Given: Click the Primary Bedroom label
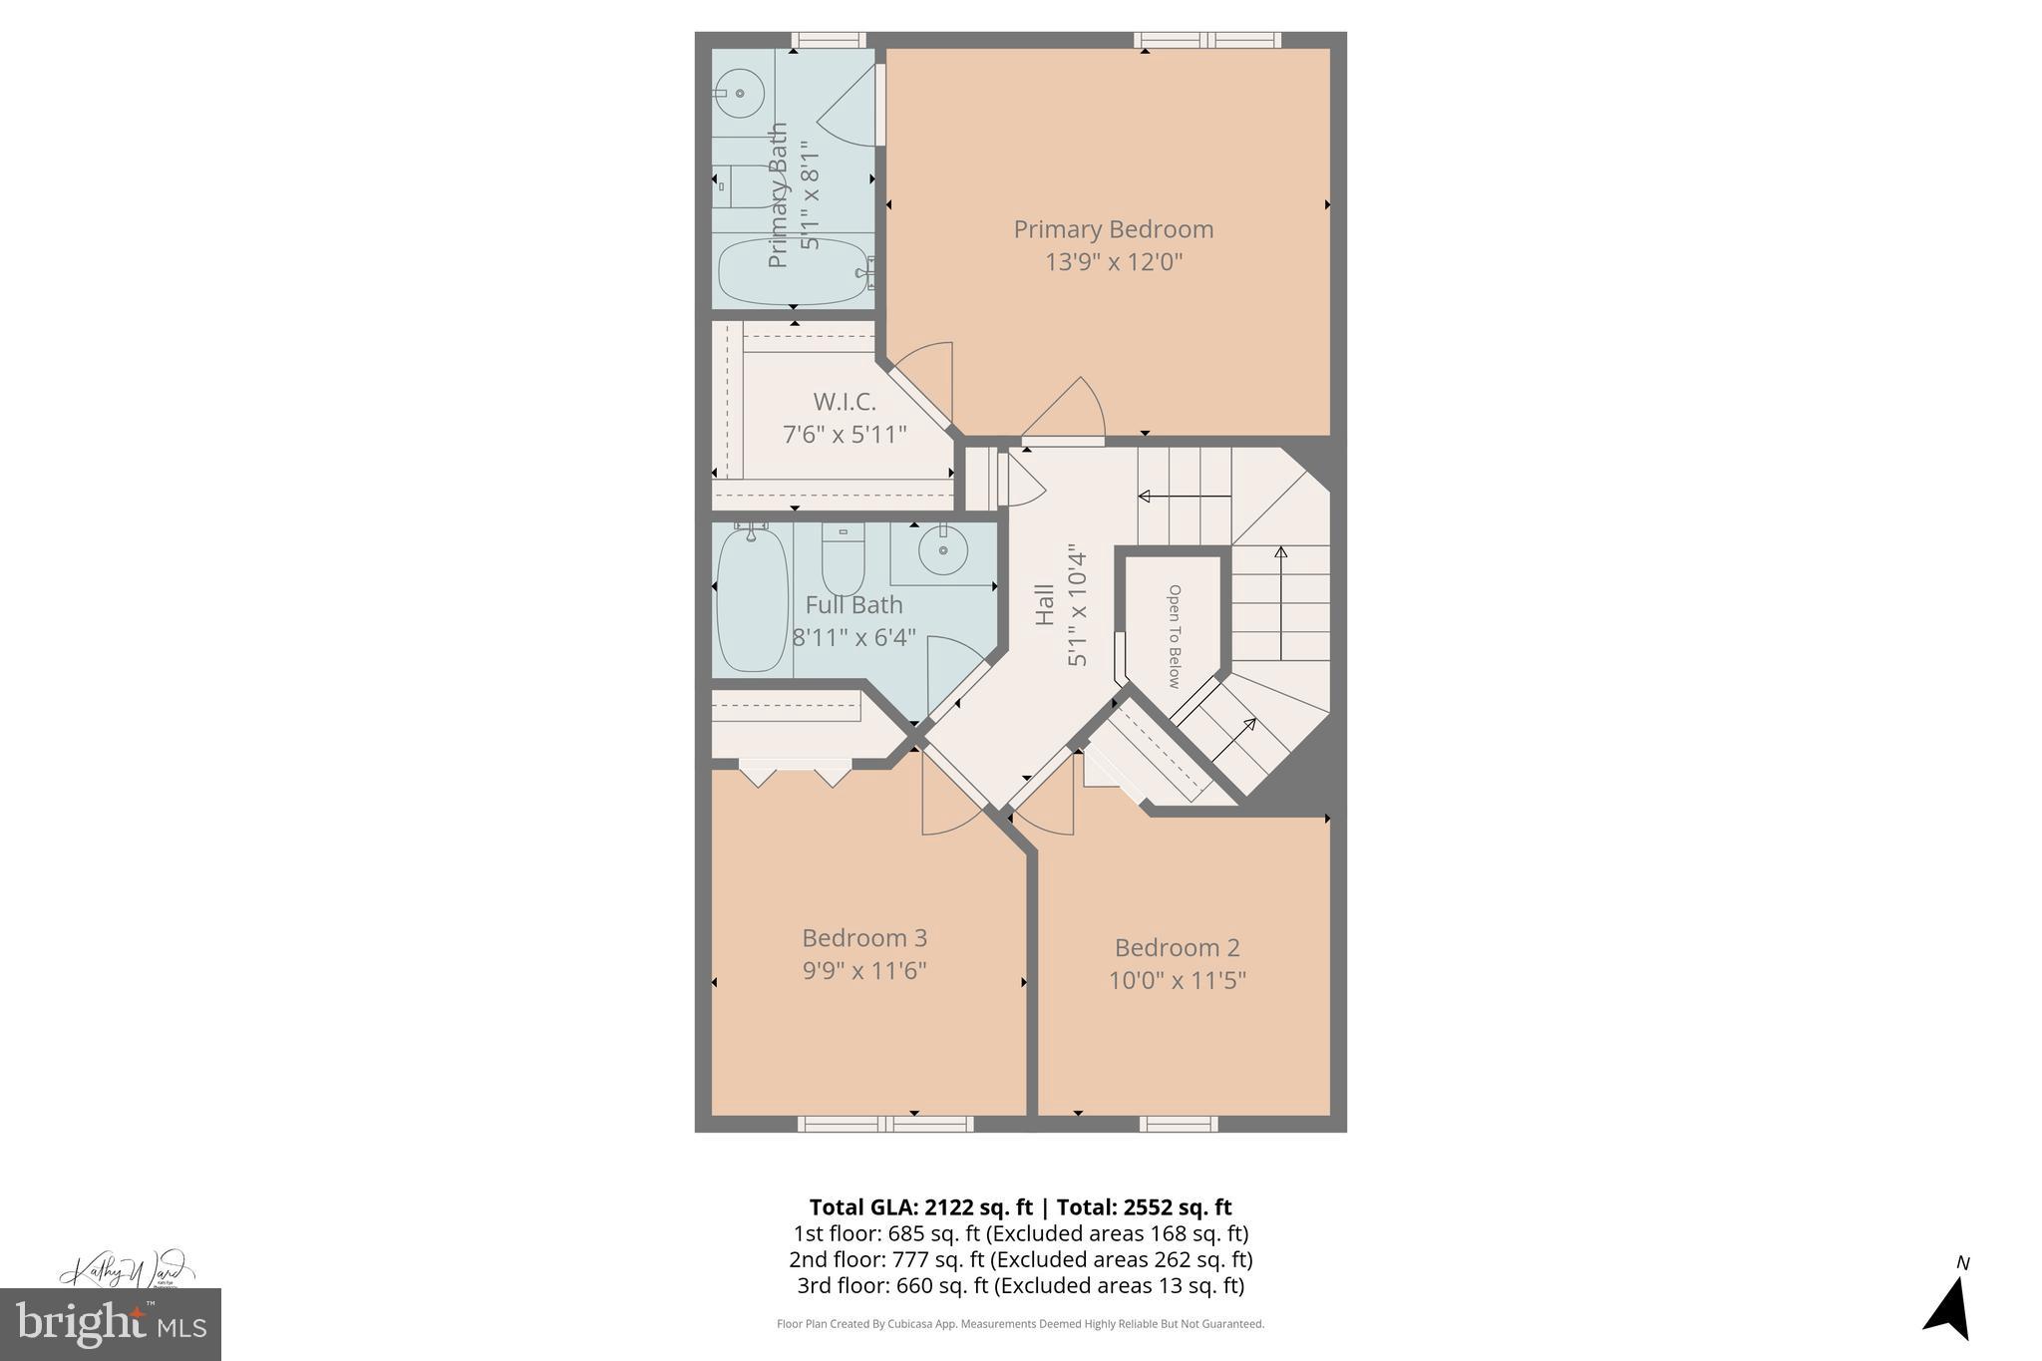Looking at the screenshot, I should pos(1113,229).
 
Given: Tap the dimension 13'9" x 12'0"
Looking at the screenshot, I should pos(1113,262).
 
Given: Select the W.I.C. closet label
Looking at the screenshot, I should pos(845,402).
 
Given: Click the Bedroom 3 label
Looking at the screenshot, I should pos(864,938).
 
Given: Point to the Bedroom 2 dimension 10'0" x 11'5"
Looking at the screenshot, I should pos(1177,980).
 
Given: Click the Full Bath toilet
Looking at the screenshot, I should pos(843,561).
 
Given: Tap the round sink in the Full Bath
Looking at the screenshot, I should pos(942,550).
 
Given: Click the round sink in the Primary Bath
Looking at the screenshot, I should pos(740,94).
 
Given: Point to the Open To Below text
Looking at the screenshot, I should pos(1174,636).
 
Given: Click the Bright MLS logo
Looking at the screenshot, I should pos(111,1324).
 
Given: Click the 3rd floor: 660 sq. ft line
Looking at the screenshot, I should pos(1020,1285).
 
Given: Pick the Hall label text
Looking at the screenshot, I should pos(1045,604).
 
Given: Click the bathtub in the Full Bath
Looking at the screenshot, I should pos(752,600).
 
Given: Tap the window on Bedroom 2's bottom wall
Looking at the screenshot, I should pos(1178,1124).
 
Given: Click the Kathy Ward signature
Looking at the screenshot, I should pos(124,1270).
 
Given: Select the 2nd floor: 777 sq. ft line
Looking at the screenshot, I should pos(1020,1259).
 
